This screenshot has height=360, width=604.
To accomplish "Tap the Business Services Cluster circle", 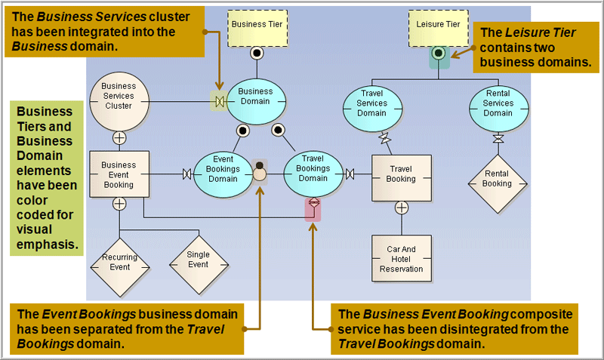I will click(119, 100).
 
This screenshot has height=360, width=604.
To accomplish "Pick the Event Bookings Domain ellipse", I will click(223, 174).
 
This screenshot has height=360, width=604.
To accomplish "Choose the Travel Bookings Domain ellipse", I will click(313, 174).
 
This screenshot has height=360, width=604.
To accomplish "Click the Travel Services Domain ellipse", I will click(371, 109).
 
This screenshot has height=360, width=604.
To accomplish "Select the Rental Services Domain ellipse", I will click(498, 109).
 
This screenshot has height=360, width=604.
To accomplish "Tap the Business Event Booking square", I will click(119, 174).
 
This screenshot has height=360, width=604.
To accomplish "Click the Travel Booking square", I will click(401, 179).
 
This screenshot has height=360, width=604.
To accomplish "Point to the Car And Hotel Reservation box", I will click(401, 258).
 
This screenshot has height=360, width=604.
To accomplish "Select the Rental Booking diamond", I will click(497, 179).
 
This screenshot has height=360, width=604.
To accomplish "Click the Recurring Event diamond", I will click(119, 262).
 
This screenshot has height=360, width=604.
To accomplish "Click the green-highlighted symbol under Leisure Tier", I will click(438, 55).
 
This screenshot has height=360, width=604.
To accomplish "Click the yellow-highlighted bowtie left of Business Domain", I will click(219, 100).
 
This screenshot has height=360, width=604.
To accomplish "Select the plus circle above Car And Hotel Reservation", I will click(401, 208).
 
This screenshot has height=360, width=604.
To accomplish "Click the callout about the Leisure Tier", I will click(535, 47).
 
